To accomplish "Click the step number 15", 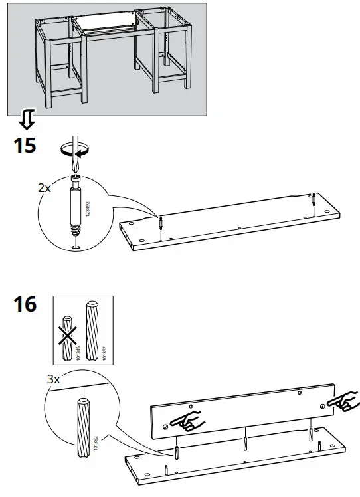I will click(x=25, y=145).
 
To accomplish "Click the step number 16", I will click(x=25, y=305).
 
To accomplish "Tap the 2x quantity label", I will click(x=44, y=188).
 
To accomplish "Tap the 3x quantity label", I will click(x=52, y=380).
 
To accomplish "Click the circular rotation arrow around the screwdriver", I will click(x=74, y=152).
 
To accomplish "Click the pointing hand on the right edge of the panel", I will click(x=343, y=401).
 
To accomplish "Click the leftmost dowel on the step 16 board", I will click(x=177, y=452).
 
